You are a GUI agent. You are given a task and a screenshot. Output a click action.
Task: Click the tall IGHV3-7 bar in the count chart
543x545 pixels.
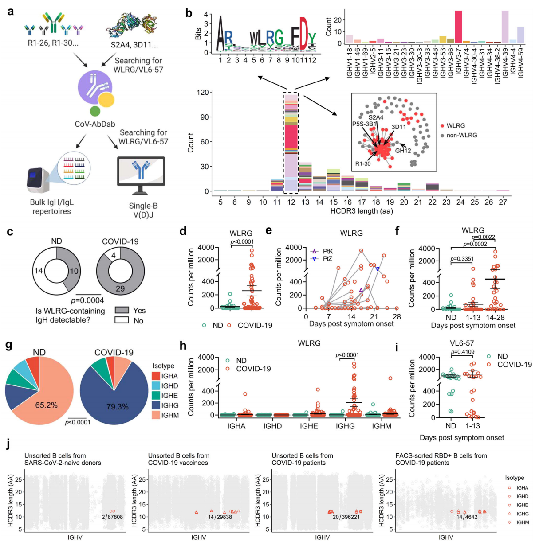click(x=458, y=27)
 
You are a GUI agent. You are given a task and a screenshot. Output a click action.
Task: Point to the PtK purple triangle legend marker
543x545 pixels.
click(x=315, y=251)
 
